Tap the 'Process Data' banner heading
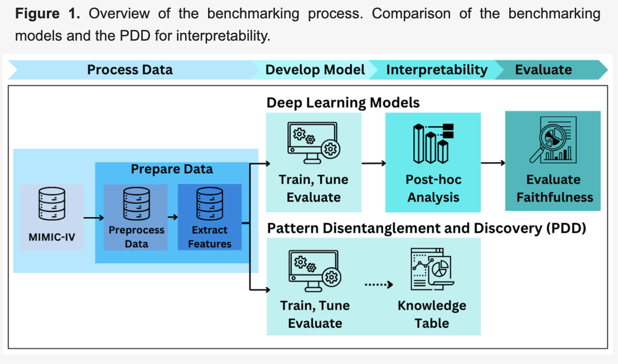[129, 70]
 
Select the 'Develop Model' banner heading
[315, 70]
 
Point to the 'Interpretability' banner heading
[437, 70]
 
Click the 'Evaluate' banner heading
[543, 70]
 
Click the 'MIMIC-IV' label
[51, 237]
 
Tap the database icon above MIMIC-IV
[51, 206]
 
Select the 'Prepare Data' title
[172, 169]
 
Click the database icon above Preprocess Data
[136, 204]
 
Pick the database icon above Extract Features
[210, 204]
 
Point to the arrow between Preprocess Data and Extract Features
[172, 218]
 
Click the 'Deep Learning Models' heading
[343, 103]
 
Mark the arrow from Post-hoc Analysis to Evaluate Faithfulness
[493, 163]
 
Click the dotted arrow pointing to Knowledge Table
[379, 284]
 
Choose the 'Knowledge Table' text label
[432, 314]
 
